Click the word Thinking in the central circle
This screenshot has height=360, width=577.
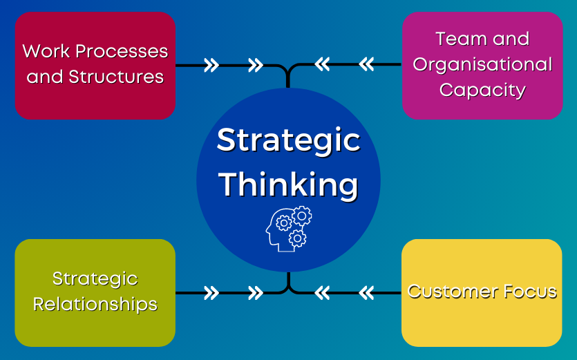click(x=288, y=184)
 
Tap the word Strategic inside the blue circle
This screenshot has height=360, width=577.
click(x=288, y=140)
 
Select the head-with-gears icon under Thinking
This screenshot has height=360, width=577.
click(x=289, y=229)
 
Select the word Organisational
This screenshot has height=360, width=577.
click(x=482, y=64)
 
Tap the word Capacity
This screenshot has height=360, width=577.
click(x=482, y=89)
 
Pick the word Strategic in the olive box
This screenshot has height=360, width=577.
click(x=95, y=279)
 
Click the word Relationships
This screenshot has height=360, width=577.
click(x=95, y=304)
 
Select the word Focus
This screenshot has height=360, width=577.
click(x=530, y=291)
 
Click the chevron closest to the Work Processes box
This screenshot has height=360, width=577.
click(x=211, y=66)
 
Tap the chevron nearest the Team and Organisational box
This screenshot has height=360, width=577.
click(x=366, y=66)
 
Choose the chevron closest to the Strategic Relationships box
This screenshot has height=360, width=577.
click(x=211, y=292)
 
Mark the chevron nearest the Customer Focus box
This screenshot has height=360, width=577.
click(x=366, y=292)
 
